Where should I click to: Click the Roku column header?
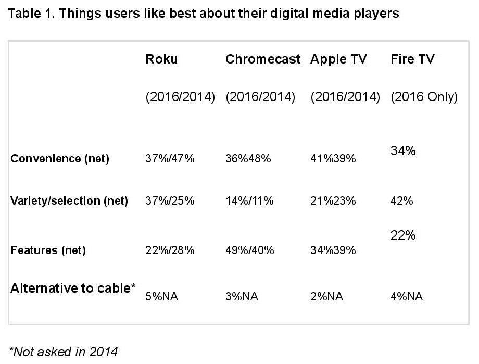click(x=161, y=59)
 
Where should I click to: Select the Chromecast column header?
click(x=263, y=59)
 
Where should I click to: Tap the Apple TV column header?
click(x=338, y=59)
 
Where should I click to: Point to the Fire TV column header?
click(x=412, y=59)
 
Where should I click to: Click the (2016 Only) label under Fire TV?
click(x=424, y=97)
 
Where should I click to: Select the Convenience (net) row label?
click(x=60, y=159)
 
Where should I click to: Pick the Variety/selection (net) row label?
click(x=69, y=201)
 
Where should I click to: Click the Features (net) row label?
click(x=48, y=250)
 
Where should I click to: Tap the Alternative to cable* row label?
click(x=73, y=288)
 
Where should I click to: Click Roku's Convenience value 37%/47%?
click(x=170, y=159)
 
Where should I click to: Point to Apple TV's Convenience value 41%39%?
click(x=333, y=159)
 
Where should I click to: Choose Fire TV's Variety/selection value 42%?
click(x=401, y=201)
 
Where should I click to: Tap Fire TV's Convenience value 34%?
click(x=403, y=152)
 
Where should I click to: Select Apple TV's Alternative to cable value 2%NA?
click(x=326, y=297)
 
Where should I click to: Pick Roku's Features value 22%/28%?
click(x=170, y=250)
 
